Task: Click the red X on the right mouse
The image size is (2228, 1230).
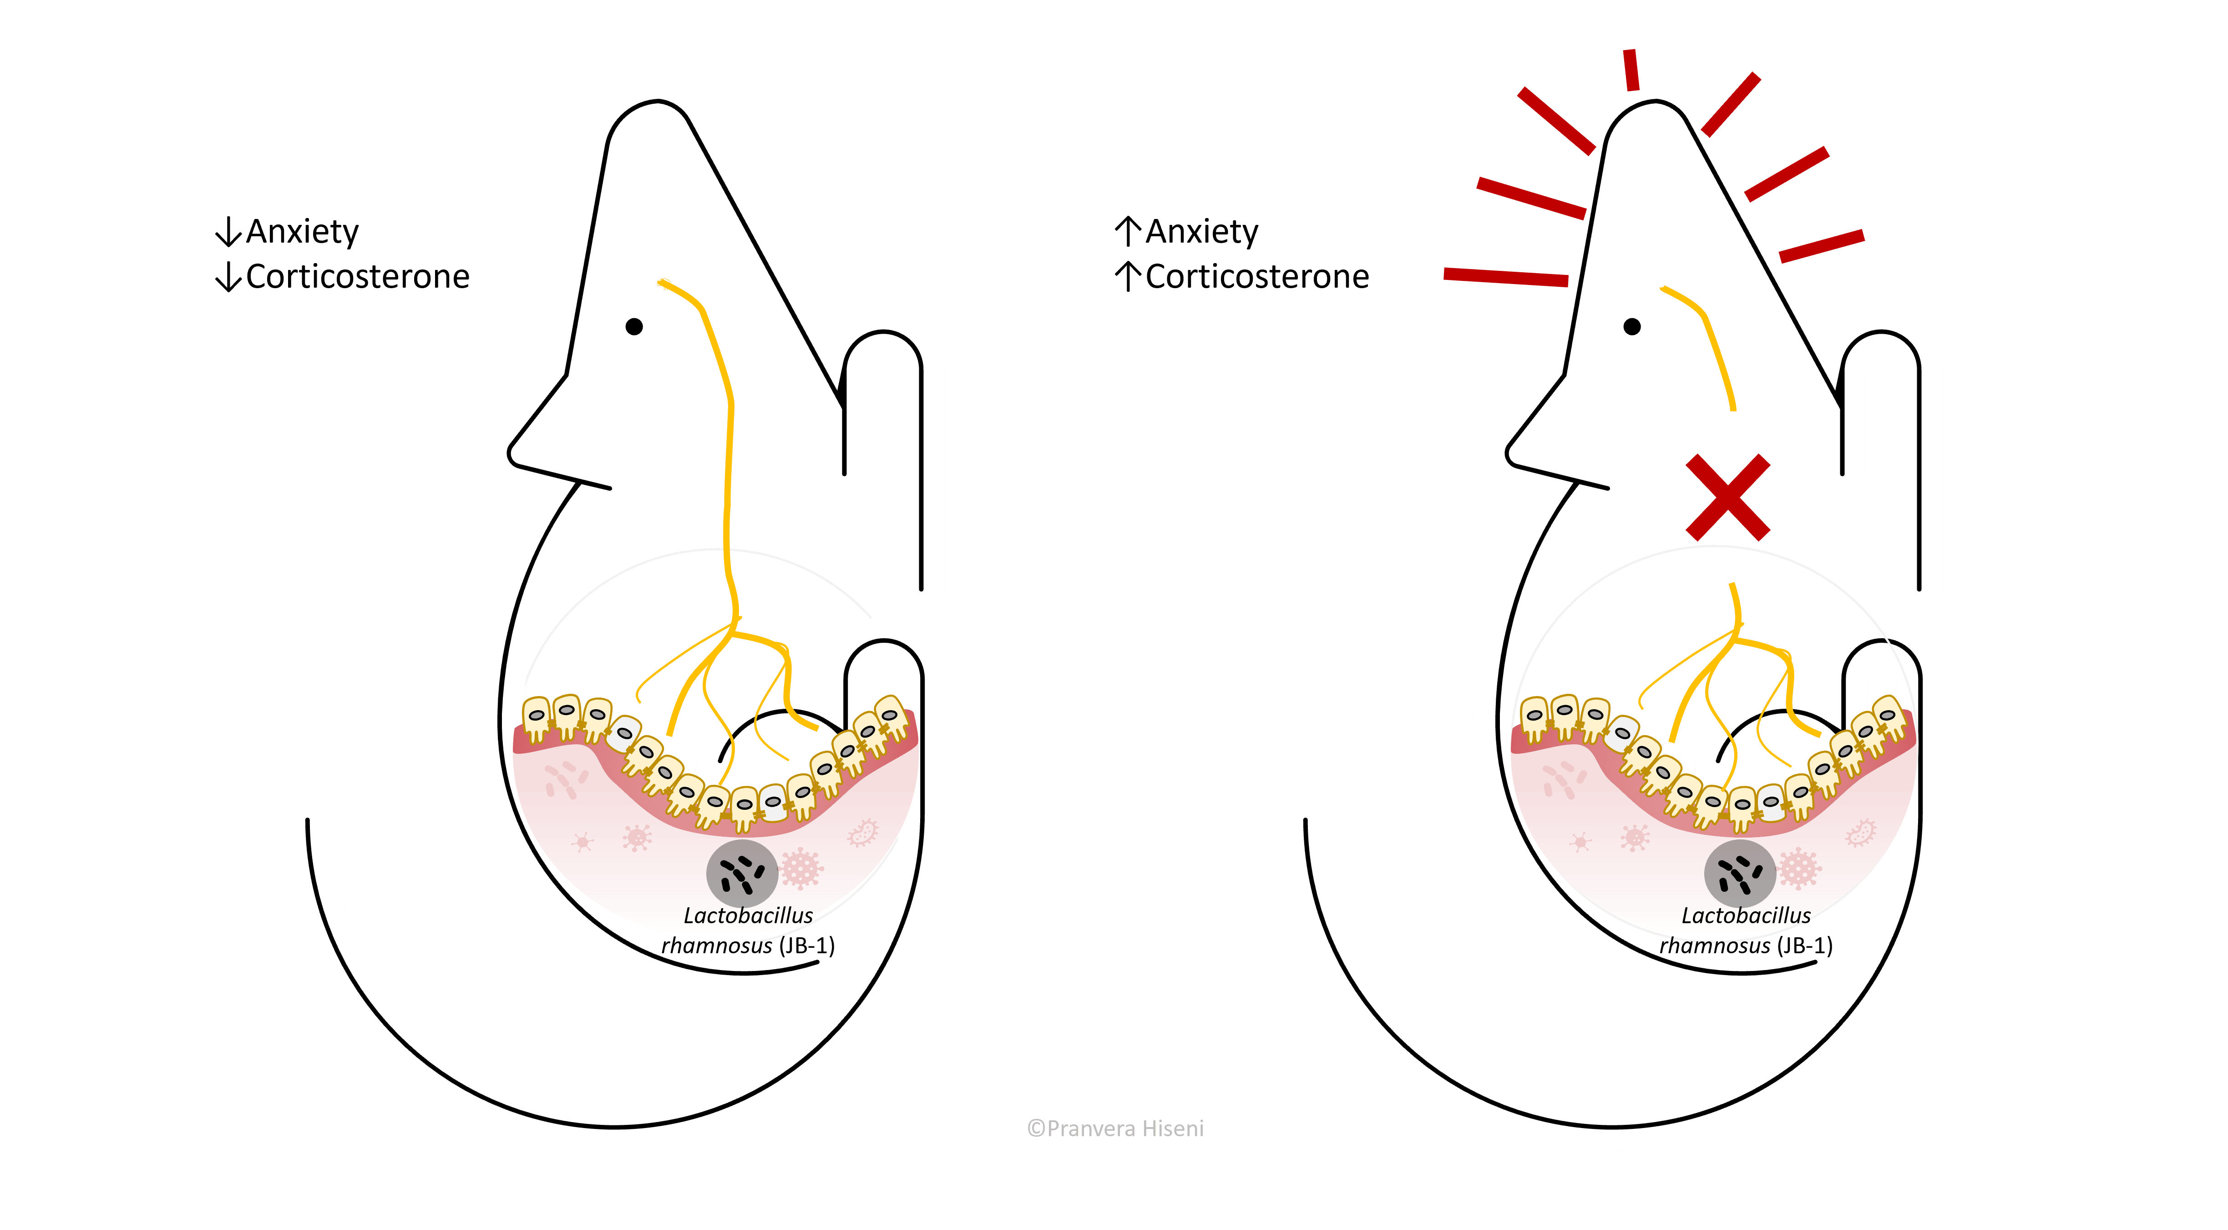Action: click(x=1727, y=498)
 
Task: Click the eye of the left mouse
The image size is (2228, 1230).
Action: click(x=634, y=326)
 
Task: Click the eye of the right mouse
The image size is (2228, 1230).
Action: click(x=1632, y=326)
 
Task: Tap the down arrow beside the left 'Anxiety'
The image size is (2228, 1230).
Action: click(x=228, y=232)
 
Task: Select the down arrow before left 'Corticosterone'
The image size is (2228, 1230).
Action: click(x=228, y=277)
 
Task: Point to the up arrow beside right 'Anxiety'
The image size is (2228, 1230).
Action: click(x=1128, y=232)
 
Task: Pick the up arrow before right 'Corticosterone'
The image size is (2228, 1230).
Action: click(x=1128, y=277)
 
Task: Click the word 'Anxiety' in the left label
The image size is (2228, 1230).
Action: click(x=303, y=232)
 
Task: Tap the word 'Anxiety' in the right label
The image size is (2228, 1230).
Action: click(x=1202, y=232)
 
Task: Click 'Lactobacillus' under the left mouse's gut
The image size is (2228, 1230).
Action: click(x=748, y=915)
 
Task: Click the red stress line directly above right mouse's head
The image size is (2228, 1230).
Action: click(x=1631, y=69)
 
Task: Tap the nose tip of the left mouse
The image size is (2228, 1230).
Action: click(x=512, y=452)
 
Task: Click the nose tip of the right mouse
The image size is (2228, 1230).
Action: click(x=1510, y=452)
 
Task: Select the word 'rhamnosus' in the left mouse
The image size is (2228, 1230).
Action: click(x=716, y=945)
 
